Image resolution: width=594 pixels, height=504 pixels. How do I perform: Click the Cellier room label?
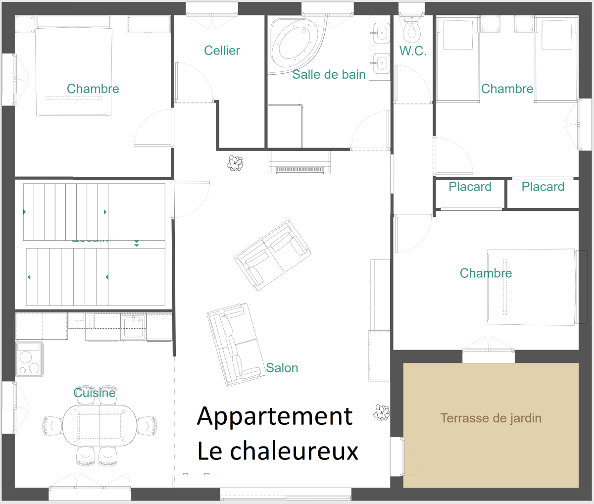point(222,50)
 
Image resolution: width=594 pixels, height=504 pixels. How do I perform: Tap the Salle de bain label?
point(329,75)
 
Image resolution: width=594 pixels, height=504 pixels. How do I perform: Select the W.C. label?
point(413,51)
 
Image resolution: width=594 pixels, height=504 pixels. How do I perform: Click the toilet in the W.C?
point(411,31)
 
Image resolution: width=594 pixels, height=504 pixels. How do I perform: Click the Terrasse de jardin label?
point(491,418)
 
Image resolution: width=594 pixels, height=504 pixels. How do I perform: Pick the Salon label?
point(282,368)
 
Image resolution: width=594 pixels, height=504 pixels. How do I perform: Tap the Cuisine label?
point(95,393)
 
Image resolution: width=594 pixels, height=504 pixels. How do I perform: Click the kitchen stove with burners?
point(29,358)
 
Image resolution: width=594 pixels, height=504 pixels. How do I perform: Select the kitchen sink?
point(134,327)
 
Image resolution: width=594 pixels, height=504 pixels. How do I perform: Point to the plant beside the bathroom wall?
point(235,163)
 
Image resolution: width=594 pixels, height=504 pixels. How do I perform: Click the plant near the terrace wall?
point(382,412)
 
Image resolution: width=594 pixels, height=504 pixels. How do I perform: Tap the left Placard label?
point(470,187)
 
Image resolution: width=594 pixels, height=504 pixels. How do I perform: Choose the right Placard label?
point(543,187)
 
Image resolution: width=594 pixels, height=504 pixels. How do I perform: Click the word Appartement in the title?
point(275,416)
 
